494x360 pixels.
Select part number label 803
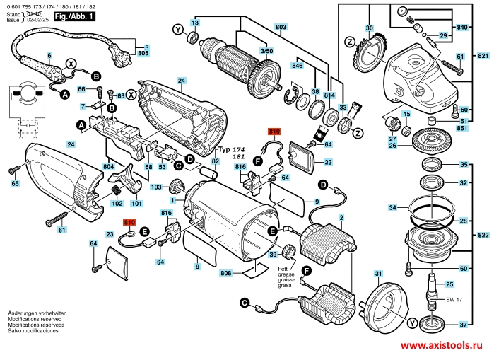[281, 27]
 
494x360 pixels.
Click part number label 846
[297, 66]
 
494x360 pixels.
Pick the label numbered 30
[368, 28]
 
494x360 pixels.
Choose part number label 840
[462, 27]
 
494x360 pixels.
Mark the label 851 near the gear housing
[462, 128]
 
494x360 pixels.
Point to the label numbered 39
[271, 255]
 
